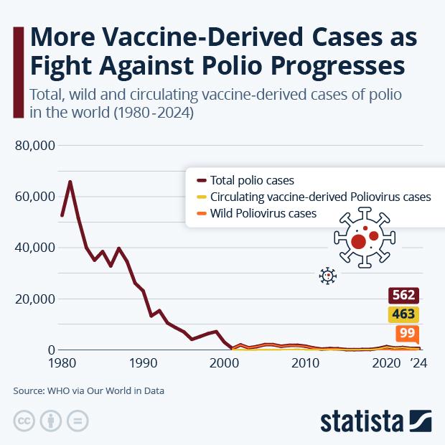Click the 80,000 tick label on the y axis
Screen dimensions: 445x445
[x=35, y=146]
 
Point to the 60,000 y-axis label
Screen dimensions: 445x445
[x=35, y=197]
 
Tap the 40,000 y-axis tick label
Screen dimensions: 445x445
[x=35, y=248]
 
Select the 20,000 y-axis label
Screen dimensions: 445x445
[x=35, y=299]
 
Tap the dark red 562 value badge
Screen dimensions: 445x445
[x=403, y=296]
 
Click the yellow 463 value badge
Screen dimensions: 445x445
[x=403, y=314]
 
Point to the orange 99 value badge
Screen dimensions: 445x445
[x=406, y=334]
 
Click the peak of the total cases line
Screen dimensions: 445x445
[x=70, y=182]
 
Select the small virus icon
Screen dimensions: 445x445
[x=328, y=276]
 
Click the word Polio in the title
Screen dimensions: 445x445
[x=226, y=65]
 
